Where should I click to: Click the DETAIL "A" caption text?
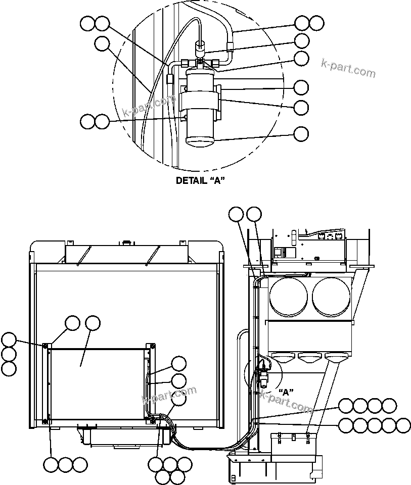[x=200, y=180]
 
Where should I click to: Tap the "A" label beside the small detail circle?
[x=286, y=392]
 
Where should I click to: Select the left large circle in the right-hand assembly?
[x=289, y=295]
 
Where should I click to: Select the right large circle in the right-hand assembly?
[x=332, y=295]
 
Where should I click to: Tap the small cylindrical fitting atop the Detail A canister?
[x=200, y=48]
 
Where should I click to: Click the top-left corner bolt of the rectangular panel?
[x=45, y=346]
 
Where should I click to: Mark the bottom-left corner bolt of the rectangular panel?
[x=45, y=421]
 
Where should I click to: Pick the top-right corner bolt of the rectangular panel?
[x=152, y=346]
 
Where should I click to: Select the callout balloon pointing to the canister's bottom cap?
[x=301, y=134]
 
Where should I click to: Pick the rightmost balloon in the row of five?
[x=403, y=425]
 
